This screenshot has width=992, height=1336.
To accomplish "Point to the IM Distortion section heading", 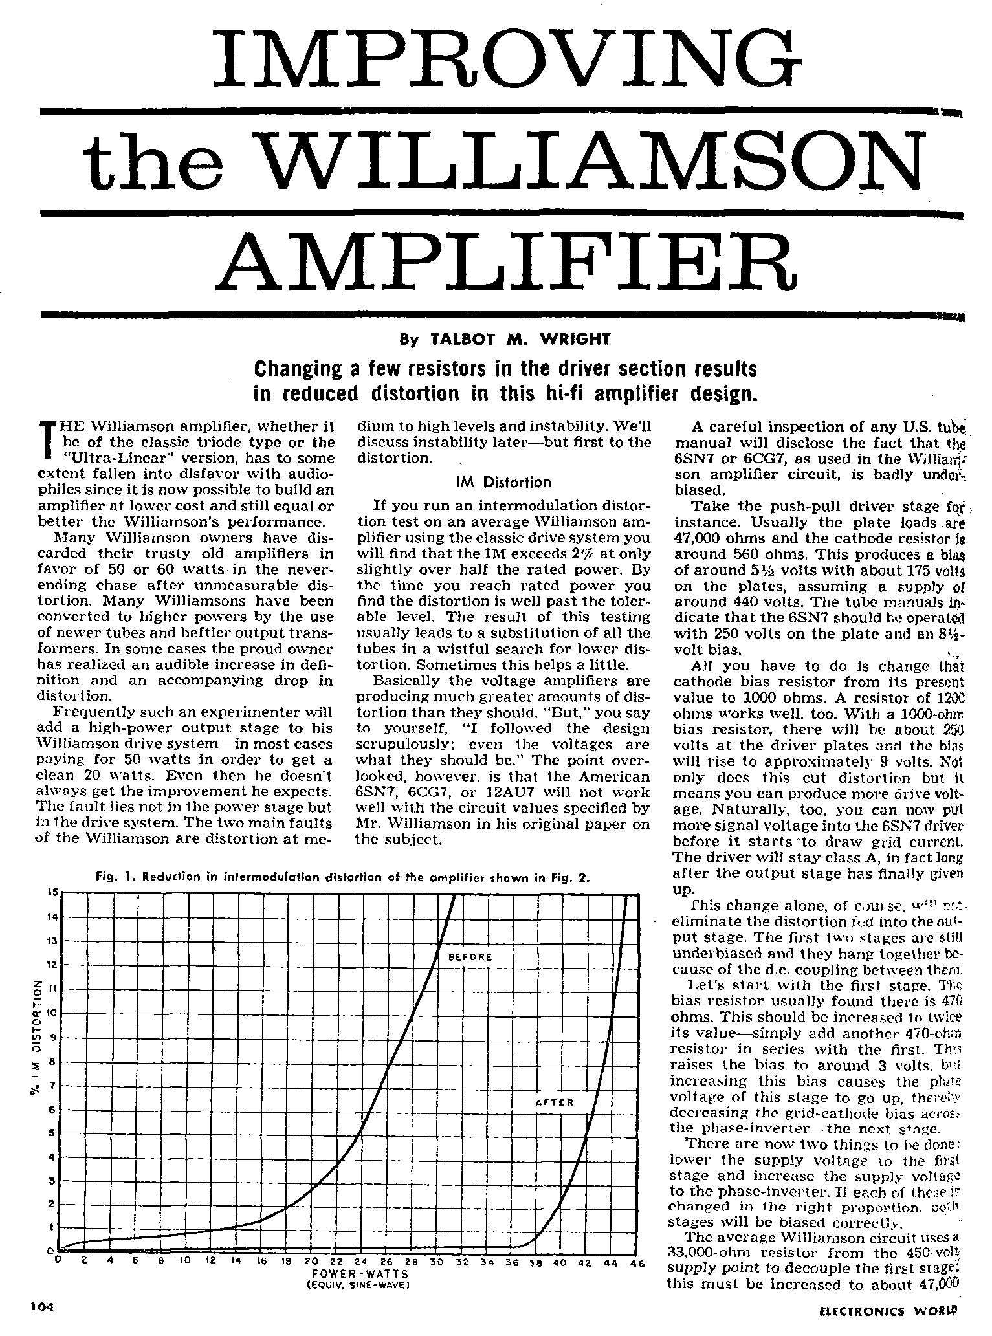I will (x=503, y=482).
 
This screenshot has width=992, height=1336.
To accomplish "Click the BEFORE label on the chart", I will (x=470, y=956).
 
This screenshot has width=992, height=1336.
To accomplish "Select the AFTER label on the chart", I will (x=555, y=1102).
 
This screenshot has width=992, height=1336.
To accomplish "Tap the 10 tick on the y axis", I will (x=52, y=1013).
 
